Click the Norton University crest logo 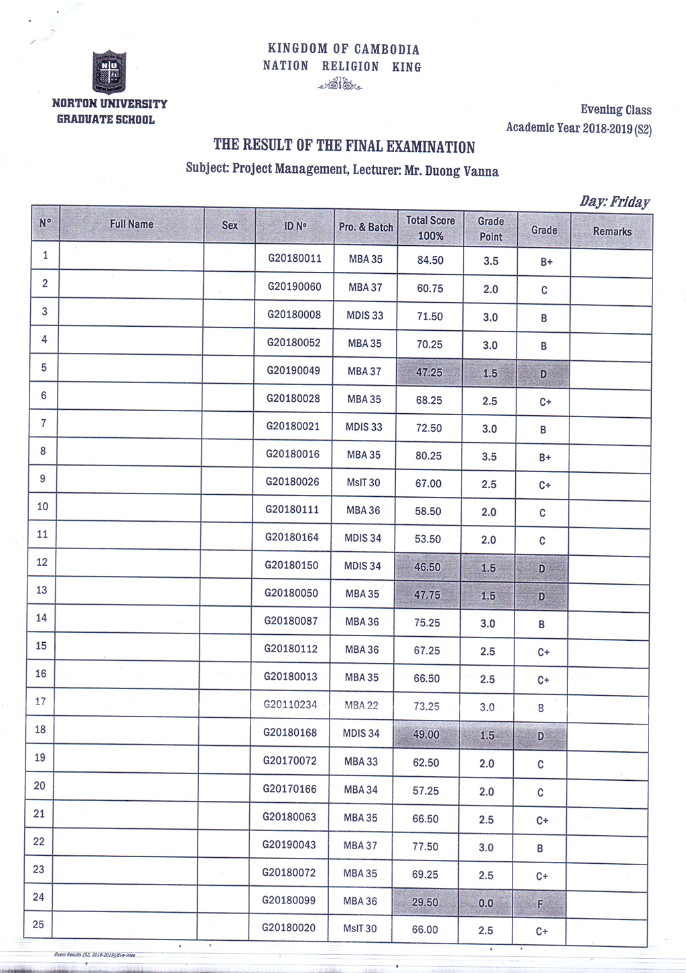point(109,72)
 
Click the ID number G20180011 point(295,258)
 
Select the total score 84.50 point(430,260)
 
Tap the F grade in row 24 point(540,904)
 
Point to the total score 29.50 point(425,902)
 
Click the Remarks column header point(612,231)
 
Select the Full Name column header point(131,224)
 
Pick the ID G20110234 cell point(290,704)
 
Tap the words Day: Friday point(614,202)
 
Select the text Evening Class point(616,110)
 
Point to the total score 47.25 point(429,372)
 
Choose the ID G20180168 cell point(290,732)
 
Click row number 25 point(38,924)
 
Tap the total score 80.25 point(428,456)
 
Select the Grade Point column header point(490,229)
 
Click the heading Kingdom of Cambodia point(344,49)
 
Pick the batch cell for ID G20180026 point(363,482)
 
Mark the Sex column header point(230,225)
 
